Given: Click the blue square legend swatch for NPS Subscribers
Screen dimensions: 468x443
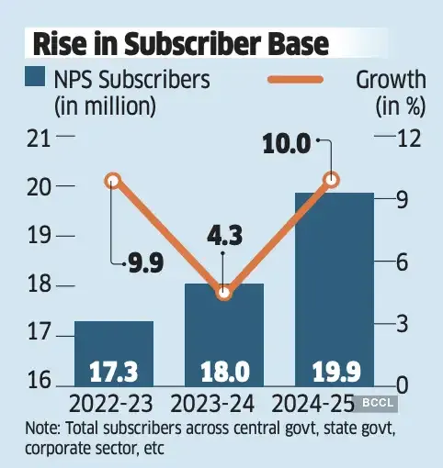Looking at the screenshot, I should (37, 78).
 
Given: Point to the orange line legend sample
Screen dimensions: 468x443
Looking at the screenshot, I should (308, 79).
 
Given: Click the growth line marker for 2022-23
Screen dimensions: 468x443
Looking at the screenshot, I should (113, 180).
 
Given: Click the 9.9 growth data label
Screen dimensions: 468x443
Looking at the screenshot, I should (144, 265).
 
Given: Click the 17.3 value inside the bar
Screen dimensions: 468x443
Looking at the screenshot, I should (113, 372).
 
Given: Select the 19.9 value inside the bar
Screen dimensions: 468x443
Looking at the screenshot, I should (333, 372).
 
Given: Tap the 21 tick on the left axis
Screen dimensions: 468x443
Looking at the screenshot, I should (38, 138).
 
